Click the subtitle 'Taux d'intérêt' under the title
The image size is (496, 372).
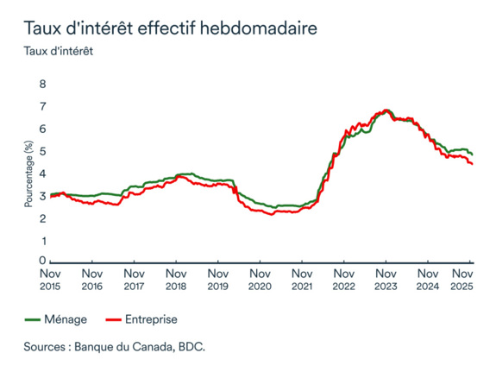59,49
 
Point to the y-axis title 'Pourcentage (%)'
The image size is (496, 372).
28,173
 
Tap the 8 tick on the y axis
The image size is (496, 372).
41,84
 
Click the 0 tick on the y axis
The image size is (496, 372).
41,261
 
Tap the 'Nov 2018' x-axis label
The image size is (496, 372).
176,278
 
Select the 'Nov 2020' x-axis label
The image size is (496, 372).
260,278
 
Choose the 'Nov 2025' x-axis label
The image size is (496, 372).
467,278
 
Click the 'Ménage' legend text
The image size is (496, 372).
67,319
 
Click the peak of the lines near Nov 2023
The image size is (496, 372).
386,110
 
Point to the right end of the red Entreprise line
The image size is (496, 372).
471,164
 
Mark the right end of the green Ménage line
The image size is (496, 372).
471,154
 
